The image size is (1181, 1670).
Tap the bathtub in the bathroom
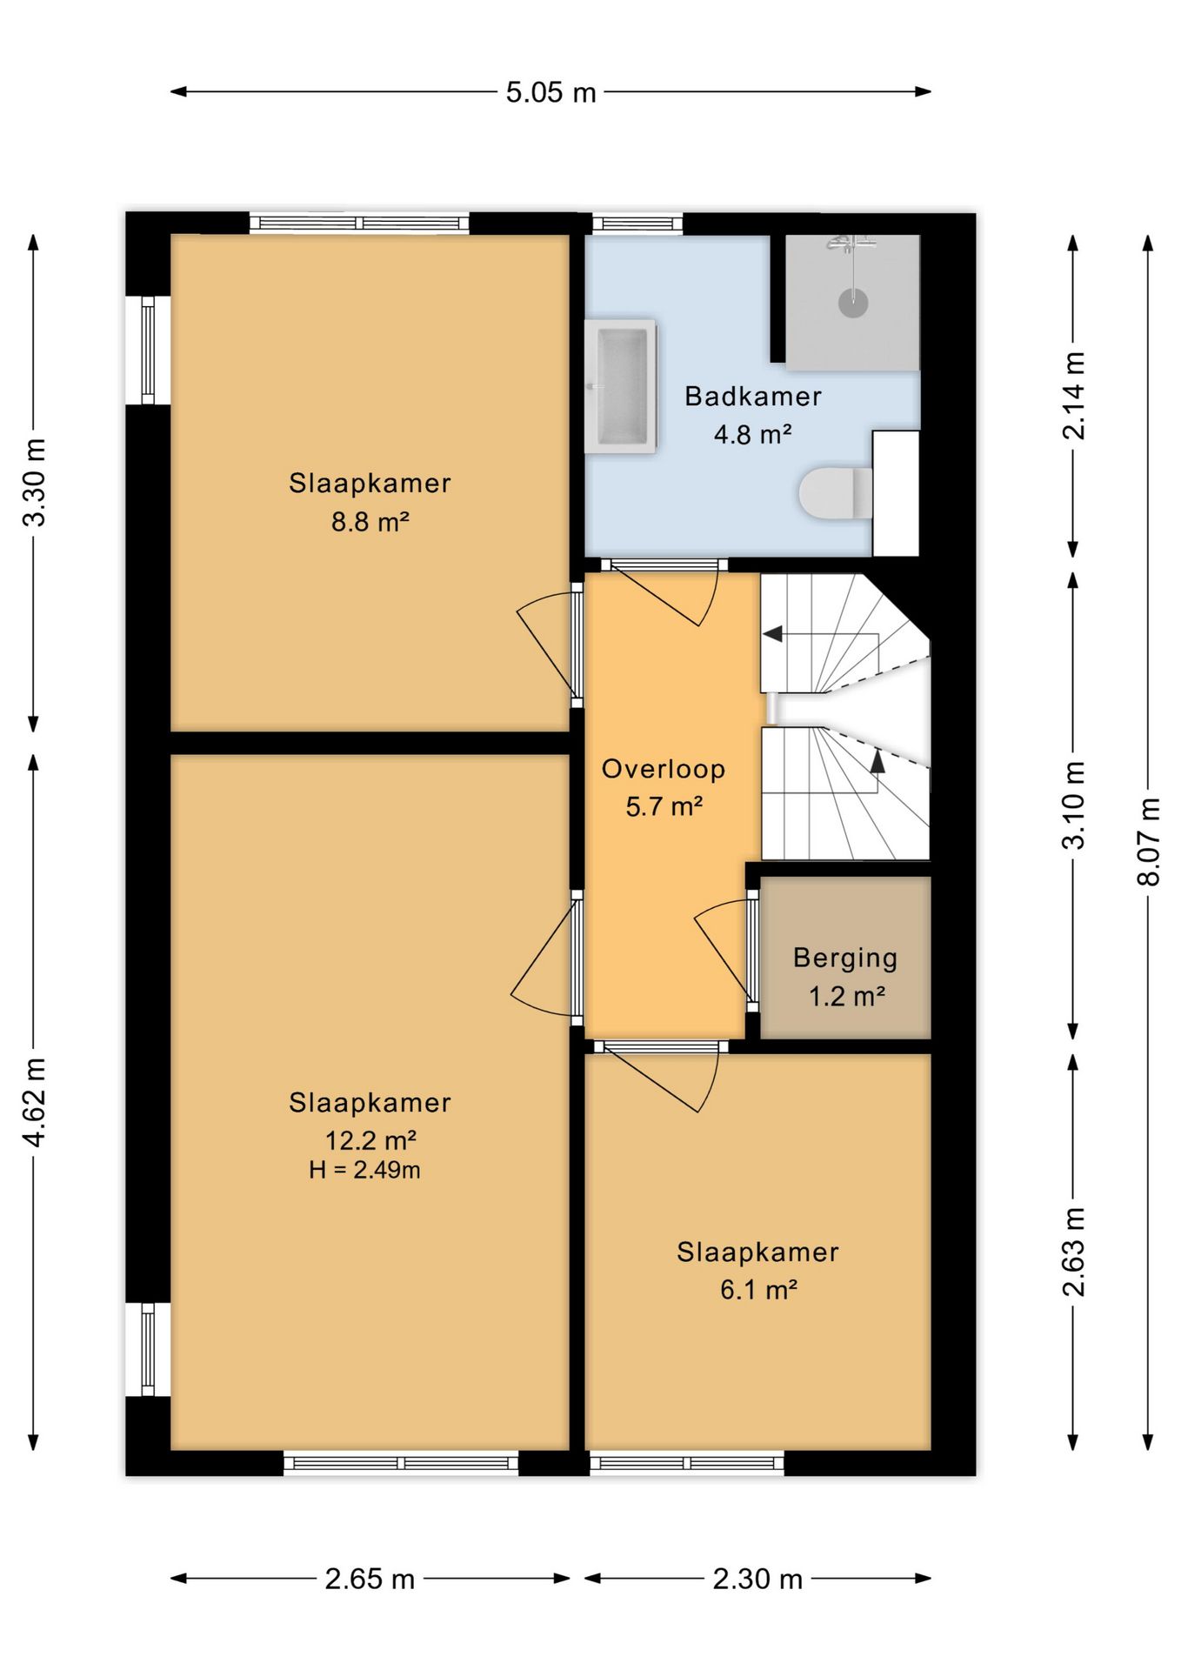pos(620,386)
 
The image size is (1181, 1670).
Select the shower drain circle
pos(853,303)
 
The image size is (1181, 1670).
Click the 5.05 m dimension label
pos(551,92)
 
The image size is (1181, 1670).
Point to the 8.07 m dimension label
pos(1149,841)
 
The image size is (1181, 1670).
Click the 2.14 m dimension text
pos(1075,395)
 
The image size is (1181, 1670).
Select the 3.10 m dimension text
pos(1075,805)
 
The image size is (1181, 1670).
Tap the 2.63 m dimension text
pos(1075,1252)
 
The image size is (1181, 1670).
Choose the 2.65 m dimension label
pos(370,1580)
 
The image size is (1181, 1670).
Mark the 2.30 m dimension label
pos(757,1580)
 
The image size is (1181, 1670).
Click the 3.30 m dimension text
pos(35,483)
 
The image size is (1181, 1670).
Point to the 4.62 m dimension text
pos(35,1103)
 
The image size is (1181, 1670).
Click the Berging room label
pos(845,959)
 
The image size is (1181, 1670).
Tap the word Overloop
pos(664,769)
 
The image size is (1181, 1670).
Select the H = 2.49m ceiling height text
pos(364,1171)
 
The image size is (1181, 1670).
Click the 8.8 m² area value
pos(370,522)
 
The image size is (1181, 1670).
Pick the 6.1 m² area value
pos(758,1290)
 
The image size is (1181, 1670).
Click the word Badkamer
pos(753,397)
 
